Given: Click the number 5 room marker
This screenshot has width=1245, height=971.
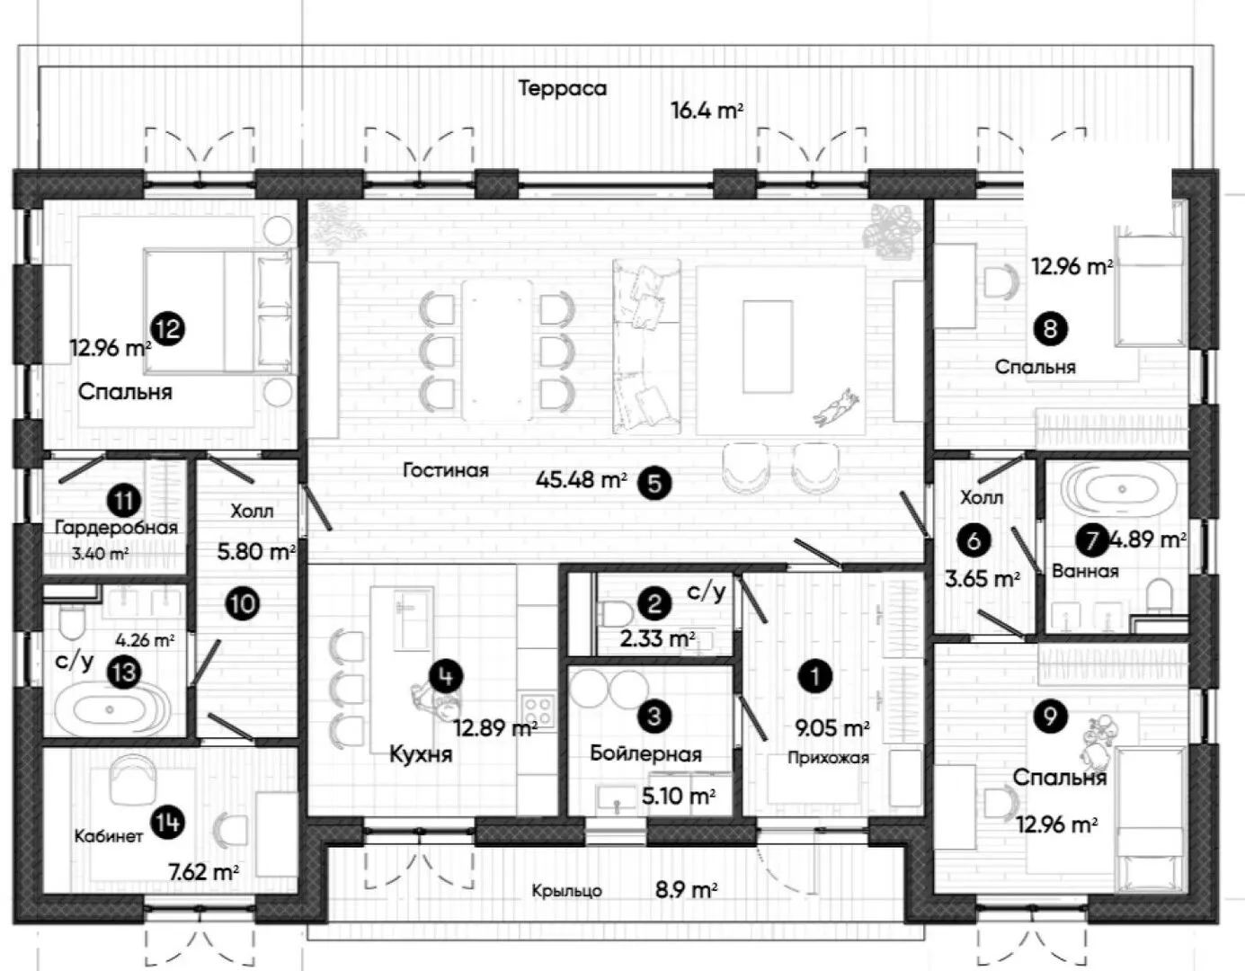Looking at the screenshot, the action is (x=654, y=483).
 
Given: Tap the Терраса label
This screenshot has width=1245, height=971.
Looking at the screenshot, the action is (x=562, y=88).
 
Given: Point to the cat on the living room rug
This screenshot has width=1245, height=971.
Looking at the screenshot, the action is (x=837, y=407).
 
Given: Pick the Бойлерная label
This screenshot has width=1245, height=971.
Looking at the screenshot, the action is (x=645, y=754).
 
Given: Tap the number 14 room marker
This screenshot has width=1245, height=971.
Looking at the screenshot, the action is (x=167, y=823).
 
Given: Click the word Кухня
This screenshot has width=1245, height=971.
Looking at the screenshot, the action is (x=421, y=754).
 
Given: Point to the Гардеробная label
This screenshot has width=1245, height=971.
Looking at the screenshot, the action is (x=116, y=528).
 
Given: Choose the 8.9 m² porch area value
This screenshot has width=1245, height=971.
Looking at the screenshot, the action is (x=687, y=890).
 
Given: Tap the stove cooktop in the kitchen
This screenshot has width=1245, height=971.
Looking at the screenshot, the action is (x=538, y=711).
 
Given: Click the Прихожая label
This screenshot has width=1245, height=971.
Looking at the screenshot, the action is (x=829, y=758).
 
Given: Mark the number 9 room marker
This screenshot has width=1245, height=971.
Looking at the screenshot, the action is (x=1050, y=716).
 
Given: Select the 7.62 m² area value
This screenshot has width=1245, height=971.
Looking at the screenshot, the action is (x=204, y=872).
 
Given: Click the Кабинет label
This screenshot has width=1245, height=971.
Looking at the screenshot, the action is (x=108, y=836).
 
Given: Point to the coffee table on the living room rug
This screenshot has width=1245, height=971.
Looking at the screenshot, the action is (x=768, y=346).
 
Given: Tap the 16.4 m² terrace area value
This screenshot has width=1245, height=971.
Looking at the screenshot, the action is (x=707, y=110).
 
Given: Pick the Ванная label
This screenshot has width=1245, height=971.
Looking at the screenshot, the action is (x=1085, y=571).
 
